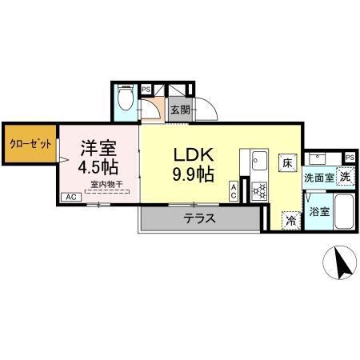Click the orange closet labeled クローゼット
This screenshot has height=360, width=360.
pos(30,144)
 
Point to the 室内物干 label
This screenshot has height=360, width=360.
pos(106,184)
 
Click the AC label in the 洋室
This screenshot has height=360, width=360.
pos(70,197)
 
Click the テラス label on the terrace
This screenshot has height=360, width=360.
pos(199,218)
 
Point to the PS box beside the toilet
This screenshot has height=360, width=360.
pos(146,90)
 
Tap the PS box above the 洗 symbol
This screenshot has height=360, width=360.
pos(350,157)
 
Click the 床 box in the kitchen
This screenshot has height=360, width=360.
pos(286,162)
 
